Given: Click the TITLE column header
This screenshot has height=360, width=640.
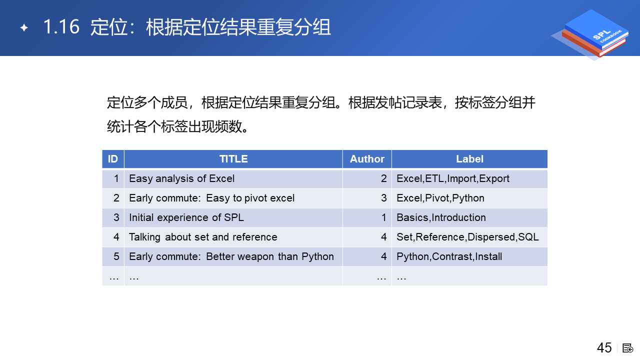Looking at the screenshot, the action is (x=233, y=159).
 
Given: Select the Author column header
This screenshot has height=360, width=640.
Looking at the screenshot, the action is (x=367, y=159).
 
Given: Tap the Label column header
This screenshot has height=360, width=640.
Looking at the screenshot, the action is (x=469, y=159).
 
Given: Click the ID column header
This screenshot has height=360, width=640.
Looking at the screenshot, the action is (x=113, y=159).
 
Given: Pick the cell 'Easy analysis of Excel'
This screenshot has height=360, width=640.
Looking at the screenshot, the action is (x=181, y=178).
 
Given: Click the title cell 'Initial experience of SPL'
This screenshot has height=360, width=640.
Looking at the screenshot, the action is (x=186, y=217).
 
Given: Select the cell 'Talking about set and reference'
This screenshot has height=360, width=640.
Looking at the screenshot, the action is (x=203, y=237).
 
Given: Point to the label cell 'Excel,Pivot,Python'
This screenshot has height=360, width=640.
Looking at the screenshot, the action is (x=440, y=198).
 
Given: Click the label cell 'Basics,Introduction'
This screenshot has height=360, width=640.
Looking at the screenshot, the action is (x=441, y=217).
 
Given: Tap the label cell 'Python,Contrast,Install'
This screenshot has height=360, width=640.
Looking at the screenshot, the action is (x=449, y=256).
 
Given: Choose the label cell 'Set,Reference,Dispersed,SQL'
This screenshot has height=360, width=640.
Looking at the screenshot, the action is (x=467, y=237).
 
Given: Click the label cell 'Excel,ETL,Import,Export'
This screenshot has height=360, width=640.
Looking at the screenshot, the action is (x=453, y=178).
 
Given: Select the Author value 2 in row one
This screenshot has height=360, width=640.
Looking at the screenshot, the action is (x=383, y=178).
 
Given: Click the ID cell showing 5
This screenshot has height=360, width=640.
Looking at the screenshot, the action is (x=116, y=256).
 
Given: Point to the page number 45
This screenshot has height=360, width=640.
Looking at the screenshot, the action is (x=604, y=348).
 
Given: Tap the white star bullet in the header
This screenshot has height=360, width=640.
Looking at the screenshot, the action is (x=24, y=27).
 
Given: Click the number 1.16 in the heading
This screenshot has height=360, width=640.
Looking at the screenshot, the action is (x=61, y=27).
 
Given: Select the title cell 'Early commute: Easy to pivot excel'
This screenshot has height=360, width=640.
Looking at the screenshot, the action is (x=211, y=198).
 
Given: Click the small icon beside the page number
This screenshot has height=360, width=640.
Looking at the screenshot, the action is (x=627, y=348).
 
